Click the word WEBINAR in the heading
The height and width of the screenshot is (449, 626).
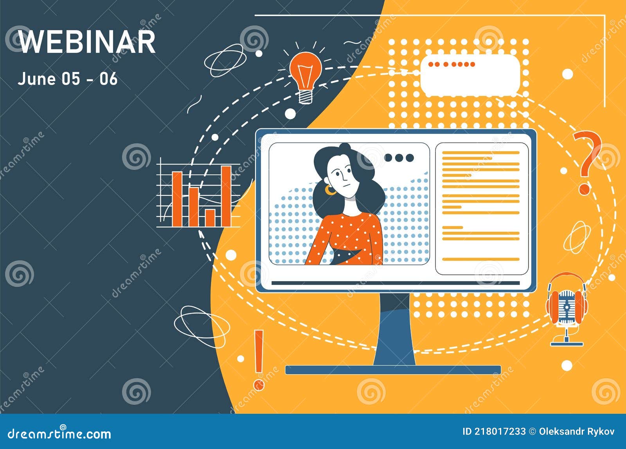point(87,42)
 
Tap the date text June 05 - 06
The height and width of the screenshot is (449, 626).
point(67,79)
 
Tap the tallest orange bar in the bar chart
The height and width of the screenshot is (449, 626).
point(226,196)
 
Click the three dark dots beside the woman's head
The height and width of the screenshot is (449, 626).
point(399,158)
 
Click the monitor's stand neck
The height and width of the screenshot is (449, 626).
point(394,329)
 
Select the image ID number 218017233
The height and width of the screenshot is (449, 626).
point(500,431)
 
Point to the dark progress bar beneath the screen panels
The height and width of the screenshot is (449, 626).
point(395,283)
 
